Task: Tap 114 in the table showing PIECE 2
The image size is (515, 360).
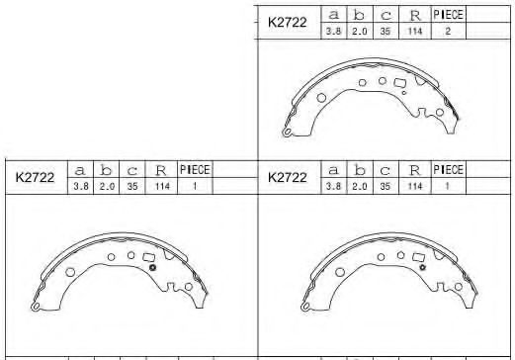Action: pyautogui.click(x=414, y=33)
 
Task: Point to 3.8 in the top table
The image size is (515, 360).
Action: pyautogui.click(x=333, y=33)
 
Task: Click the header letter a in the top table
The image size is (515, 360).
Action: pyautogui.click(x=333, y=15)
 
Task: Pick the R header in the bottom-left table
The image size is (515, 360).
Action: pyautogui.click(x=160, y=170)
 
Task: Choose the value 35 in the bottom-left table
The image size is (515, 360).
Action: pyautogui.click(x=132, y=187)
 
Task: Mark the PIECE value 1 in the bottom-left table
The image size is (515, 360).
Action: pyautogui.click(x=195, y=187)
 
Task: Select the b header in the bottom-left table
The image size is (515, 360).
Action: pyautogui.click(x=106, y=170)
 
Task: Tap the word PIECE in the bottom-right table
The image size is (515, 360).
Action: pyautogui.click(x=448, y=169)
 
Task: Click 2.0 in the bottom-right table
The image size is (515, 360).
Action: pyautogui.click(x=359, y=187)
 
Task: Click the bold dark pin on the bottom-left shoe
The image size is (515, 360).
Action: pyautogui.click(x=151, y=267)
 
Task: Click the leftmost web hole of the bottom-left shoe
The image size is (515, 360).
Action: pyautogui.click(x=70, y=271)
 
